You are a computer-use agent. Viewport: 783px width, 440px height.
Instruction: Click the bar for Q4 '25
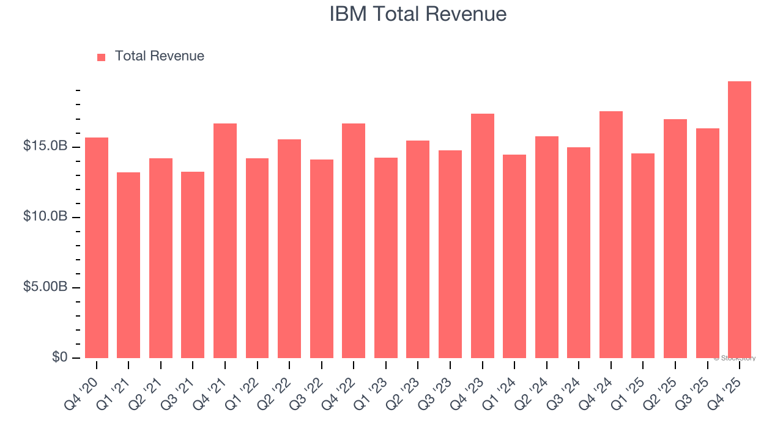[x=740, y=220]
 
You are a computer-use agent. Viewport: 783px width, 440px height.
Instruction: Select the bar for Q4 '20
[x=97, y=248]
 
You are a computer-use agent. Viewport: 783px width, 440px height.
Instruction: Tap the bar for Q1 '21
[x=128, y=265]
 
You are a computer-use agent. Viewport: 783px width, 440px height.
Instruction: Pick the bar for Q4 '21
[x=225, y=241]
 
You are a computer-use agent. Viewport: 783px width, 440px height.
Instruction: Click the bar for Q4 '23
[x=483, y=236]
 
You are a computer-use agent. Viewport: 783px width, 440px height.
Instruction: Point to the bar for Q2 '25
[x=675, y=238]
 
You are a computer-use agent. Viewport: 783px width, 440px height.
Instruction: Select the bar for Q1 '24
[x=514, y=256]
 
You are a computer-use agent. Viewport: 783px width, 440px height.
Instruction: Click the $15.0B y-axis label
[x=45, y=147]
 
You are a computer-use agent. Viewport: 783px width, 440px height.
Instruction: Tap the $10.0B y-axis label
[x=45, y=217]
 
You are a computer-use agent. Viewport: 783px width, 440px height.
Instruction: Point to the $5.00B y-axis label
[x=45, y=287]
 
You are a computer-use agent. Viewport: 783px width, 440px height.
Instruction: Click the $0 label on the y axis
[x=60, y=358]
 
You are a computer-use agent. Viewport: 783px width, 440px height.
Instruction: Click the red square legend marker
[x=102, y=57]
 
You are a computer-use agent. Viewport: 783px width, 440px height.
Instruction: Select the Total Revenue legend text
[x=160, y=56]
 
